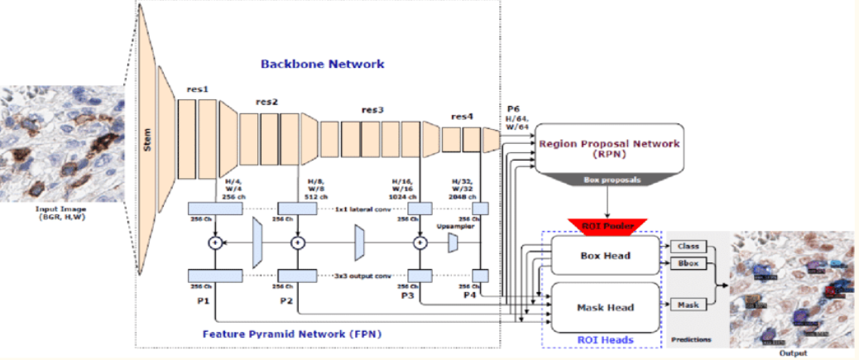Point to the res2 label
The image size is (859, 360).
tap(266, 102)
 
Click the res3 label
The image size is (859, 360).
tap(372, 110)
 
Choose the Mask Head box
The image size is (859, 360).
tap(605, 307)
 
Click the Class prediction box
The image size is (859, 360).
tap(687, 246)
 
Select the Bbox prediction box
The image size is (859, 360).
tap(687, 264)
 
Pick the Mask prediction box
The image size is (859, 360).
tap(687, 305)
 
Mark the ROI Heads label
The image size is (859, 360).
tap(602, 340)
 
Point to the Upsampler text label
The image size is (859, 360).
tap(454, 224)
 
